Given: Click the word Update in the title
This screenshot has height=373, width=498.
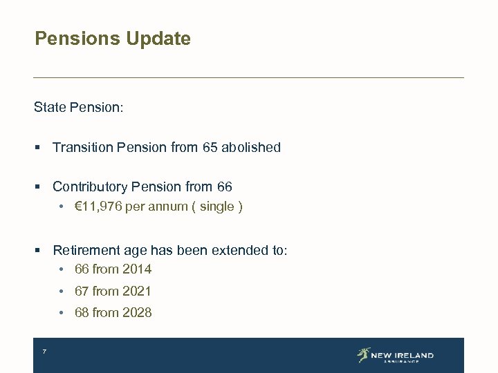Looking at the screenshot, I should coord(158,39).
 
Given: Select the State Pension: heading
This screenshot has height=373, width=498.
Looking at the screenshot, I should coord(78,108).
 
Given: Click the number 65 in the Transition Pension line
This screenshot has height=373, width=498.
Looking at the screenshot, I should coord(210,147).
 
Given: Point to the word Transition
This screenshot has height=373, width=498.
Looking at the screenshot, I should coord(83,147).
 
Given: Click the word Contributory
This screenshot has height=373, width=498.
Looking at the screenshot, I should coord(90,186).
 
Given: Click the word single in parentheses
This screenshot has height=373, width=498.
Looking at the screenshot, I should coord(216,207).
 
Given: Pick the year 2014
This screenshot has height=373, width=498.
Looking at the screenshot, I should coord(137,269).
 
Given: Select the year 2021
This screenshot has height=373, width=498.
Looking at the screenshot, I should coord(137,291).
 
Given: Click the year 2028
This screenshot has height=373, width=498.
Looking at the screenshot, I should coord(137,313).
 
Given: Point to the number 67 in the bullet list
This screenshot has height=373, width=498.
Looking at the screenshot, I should coord(82,291).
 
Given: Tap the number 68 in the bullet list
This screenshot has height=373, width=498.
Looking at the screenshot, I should coord(82,313).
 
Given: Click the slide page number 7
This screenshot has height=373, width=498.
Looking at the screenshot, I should coord(44,352).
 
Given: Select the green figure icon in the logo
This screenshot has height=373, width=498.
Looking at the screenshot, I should coord(363,355).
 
